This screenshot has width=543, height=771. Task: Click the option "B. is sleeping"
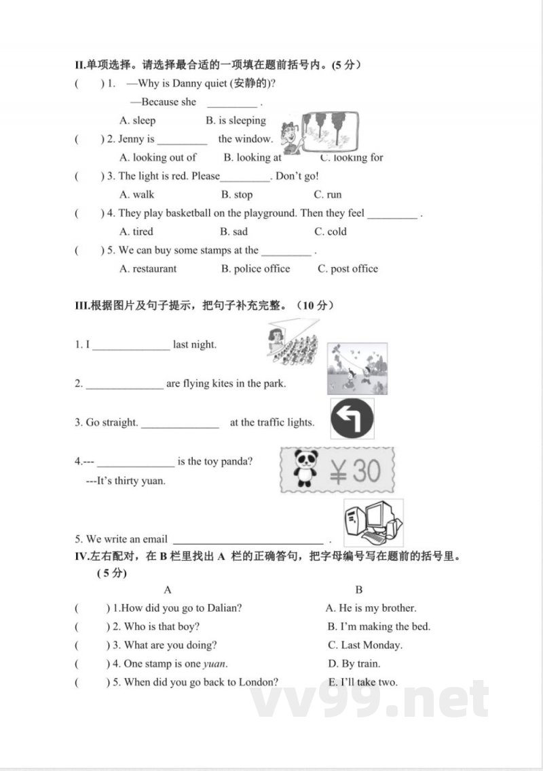click(236, 121)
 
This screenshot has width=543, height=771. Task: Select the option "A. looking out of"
click(157, 157)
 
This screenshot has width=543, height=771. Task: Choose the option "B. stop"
click(238, 195)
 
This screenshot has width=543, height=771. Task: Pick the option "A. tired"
click(136, 231)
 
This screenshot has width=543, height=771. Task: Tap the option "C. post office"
click(348, 269)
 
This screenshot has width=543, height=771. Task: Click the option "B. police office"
click(255, 269)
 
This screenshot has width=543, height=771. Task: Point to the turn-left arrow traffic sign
click(352, 418)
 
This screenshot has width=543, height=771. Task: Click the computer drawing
click(373, 522)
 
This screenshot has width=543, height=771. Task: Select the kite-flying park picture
click(357, 369)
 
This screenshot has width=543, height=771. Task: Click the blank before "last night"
click(131, 346)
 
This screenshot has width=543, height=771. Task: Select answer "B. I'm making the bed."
click(379, 627)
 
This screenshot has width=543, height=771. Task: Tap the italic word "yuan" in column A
click(214, 664)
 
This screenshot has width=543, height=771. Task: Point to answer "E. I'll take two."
click(362, 682)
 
